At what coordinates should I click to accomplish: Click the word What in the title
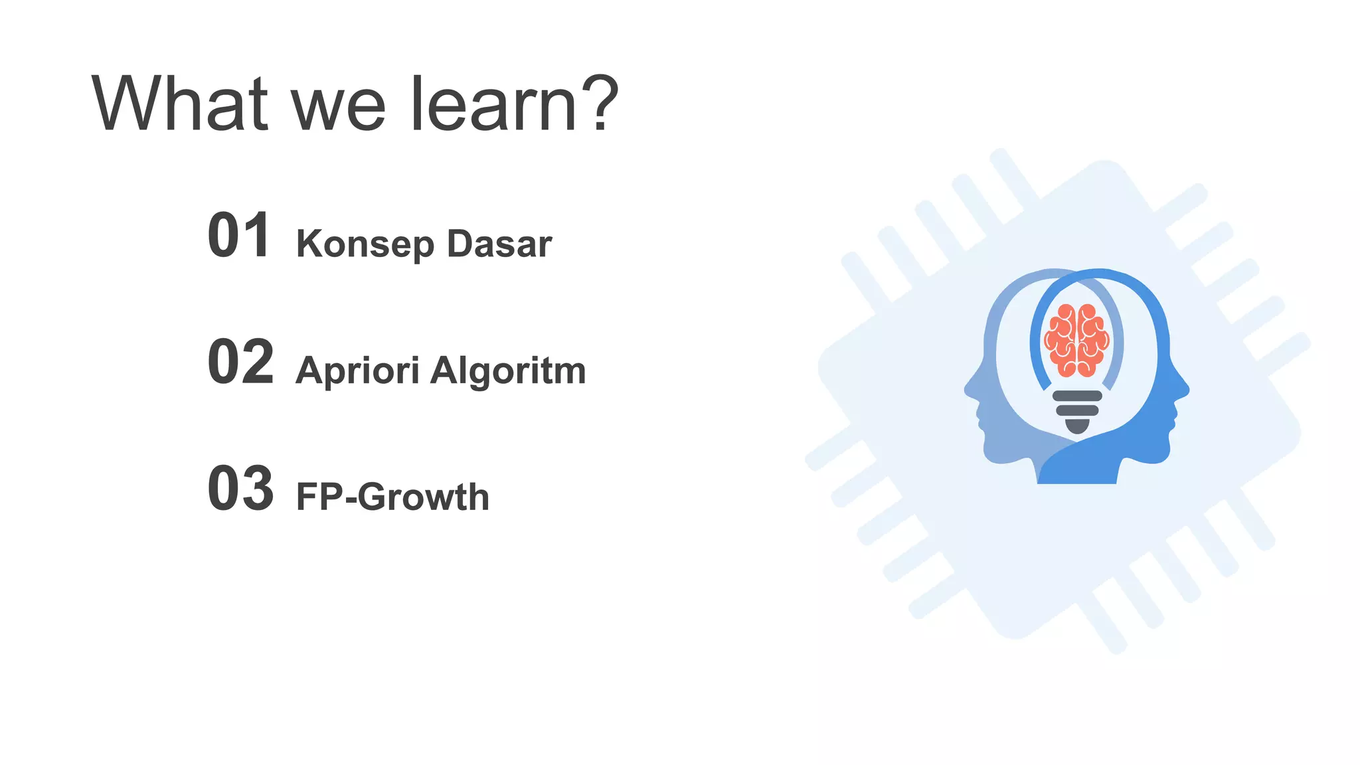(x=179, y=104)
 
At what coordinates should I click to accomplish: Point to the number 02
(x=240, y=362)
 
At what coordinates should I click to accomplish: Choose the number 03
(x=240, y=489)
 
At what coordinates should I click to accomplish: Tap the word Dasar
(x=499, y=244)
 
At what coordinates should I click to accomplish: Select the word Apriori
(x=357, y=371)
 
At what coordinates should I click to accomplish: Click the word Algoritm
(x=508, y=371)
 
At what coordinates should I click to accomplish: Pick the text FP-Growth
(x=392, y=497)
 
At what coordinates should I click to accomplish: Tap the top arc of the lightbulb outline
(x=1099, y=274)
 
